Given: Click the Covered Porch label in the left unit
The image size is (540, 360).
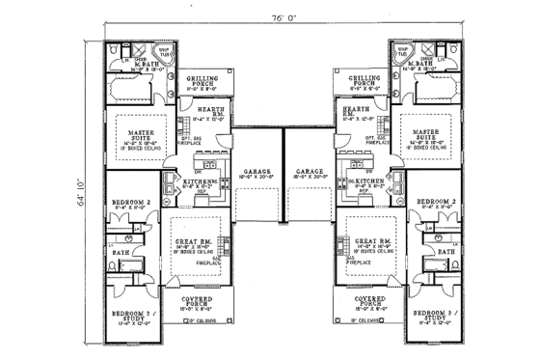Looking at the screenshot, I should point(198,301).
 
